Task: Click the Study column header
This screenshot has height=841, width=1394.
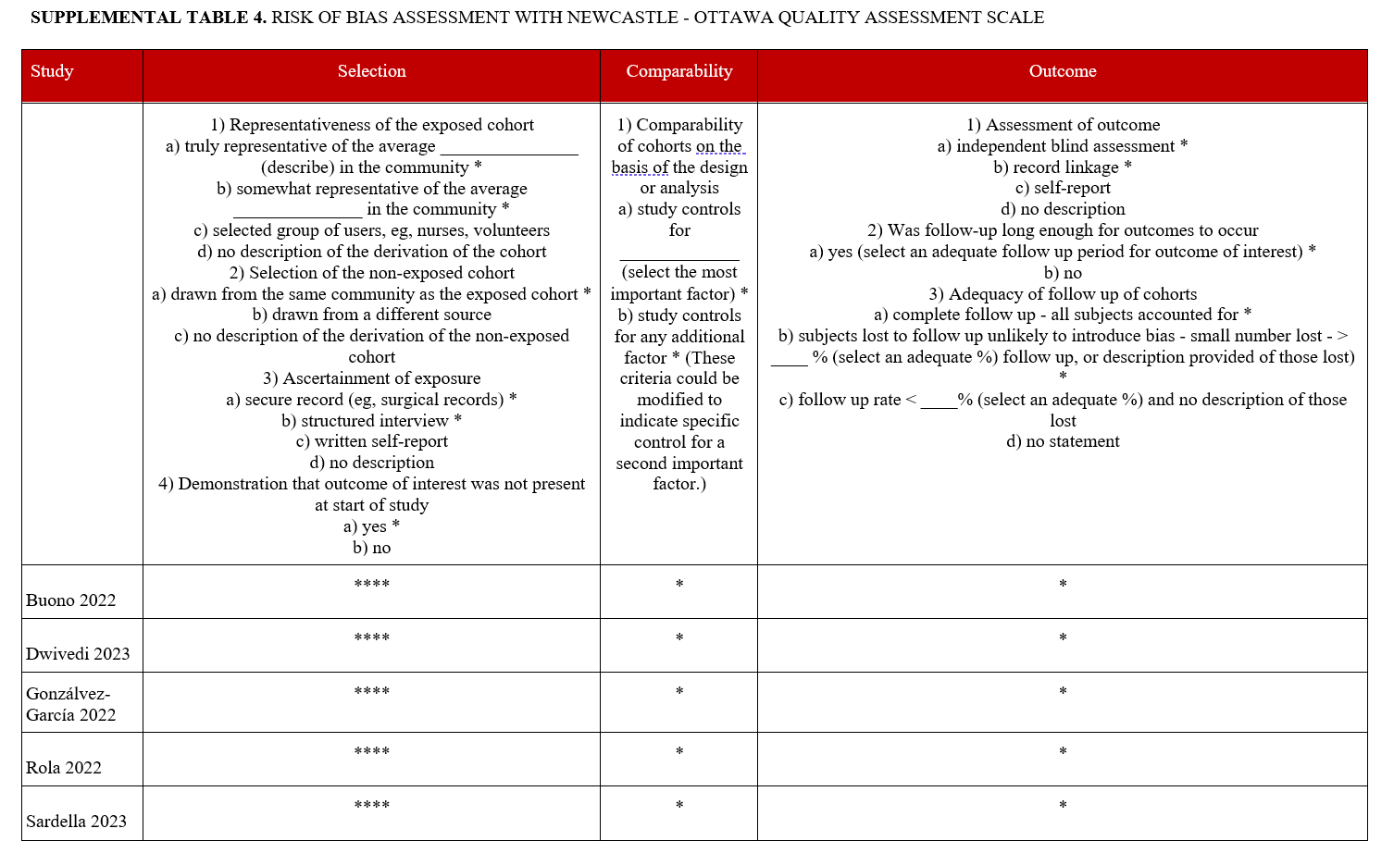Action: pyautogui.click(x=52, y=72)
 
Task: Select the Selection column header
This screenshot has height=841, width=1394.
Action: pyautogui.click(x=371, y=72)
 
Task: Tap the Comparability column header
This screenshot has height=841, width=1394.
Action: pyautogui.click(x=678, y=72)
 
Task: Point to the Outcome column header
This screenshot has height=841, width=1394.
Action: pyautogui.click(x=1062, y=72)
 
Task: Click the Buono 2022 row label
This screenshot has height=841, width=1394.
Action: pyautogui.click(x=71, y=600)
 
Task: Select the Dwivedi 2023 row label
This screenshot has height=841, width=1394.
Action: pyautogui.click(x=78, y=654)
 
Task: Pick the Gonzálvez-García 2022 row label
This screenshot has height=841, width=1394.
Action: pyautogui.click(x=71, y=704)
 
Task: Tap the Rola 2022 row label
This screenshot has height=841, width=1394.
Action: pyautogui.click(x=64, y=768)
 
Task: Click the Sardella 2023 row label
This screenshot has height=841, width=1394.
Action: pyautogui.click(x=76, y=822)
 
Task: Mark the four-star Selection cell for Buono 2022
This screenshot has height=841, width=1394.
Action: pyautogui.click(x=371, y=585)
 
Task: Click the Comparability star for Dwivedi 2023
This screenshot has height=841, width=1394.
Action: pyautogui.click(x=679, y=638)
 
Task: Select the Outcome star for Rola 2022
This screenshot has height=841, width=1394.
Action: pyautogui.click(x=1063, y=752)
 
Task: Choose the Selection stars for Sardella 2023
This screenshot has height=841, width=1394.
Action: pyautogui.click(x=371, y=806)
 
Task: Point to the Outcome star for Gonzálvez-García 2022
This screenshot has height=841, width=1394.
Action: pyautogui.click(x=1063, y=692)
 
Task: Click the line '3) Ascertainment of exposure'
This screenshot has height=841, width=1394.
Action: pyautogui.click(x=371, y=378)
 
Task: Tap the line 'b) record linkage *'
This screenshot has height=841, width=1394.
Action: pyautogui.click(x=1063, y=167)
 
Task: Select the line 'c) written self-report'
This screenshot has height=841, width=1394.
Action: pyautogui.click(x=371, y=441)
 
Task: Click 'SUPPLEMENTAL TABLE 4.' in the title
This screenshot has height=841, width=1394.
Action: pyautogui.click(x=148, y=18)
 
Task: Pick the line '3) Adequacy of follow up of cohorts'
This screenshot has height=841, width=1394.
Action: pyautogui.click(x=1063, y=294)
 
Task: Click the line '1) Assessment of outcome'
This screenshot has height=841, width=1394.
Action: pyautogui.click(x=1063, y=125)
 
